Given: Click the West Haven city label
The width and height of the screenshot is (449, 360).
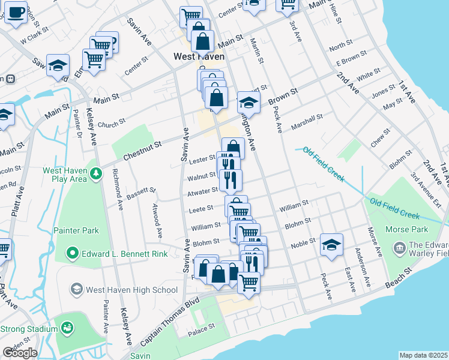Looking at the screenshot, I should pos(199,56).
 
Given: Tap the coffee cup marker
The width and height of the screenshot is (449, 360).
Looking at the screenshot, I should pos(16,11).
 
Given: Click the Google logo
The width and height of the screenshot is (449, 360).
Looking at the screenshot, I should pos(20,353).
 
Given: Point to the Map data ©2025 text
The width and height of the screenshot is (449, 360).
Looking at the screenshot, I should pos(423,355).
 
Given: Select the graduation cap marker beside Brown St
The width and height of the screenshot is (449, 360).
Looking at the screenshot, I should pos(249,102).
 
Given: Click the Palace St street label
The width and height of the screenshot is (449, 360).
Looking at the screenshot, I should pos(202,328).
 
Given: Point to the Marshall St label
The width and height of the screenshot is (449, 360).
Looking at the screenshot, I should pos(307,122).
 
